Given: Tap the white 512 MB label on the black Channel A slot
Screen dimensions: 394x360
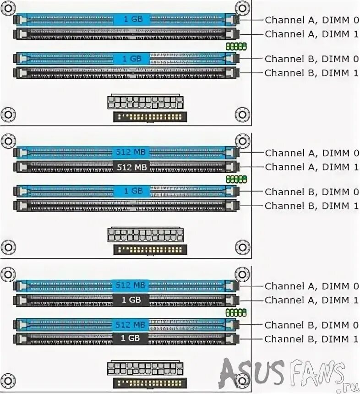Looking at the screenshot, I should [132, 167].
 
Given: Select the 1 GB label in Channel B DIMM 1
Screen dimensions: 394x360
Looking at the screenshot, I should [131, 339].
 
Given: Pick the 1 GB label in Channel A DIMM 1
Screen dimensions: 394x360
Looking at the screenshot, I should [131, 300].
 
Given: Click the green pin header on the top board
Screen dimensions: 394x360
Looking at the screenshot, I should [236, 46].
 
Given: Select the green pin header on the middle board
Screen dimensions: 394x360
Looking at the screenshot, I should [236, 179].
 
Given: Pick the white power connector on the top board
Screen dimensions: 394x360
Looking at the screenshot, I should [145, 102].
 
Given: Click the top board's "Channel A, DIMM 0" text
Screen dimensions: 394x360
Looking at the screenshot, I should [311, 20].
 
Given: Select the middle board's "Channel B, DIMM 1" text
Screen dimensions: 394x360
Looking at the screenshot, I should [311, 206].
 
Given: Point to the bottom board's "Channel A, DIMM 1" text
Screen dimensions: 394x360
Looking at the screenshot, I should [311, 300].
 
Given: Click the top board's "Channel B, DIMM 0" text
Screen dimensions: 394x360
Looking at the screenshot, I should [311, 59].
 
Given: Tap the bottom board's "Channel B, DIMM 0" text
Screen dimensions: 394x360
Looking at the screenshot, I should [311, 325].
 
